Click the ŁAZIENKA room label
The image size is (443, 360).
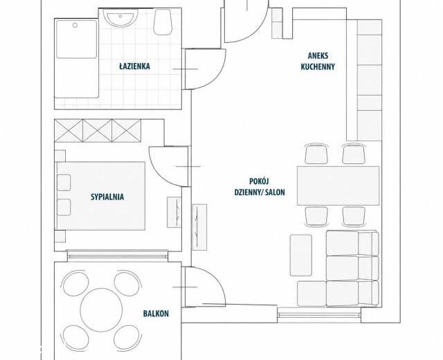pos(134,66)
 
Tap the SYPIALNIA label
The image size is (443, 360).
pos(107,197)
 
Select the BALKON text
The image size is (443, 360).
pos(156,314)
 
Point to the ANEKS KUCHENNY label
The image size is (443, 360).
pos(318,61)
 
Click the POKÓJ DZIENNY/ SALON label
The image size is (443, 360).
pos(260,187)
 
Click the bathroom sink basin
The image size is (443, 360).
pos(120,18)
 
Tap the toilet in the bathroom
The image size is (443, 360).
pos(163,22)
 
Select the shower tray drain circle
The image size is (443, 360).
pos(75,26)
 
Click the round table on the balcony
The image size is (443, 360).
pos(101,309)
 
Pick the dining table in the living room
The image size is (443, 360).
pos(338,186)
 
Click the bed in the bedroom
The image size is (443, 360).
pos(101,196)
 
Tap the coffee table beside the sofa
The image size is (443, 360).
pos(301,255)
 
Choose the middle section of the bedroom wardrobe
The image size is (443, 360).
pos(98,131)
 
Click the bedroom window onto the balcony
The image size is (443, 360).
pos(118,256)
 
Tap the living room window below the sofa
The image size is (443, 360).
pos(319,314)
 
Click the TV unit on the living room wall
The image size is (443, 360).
pos(199,227)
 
